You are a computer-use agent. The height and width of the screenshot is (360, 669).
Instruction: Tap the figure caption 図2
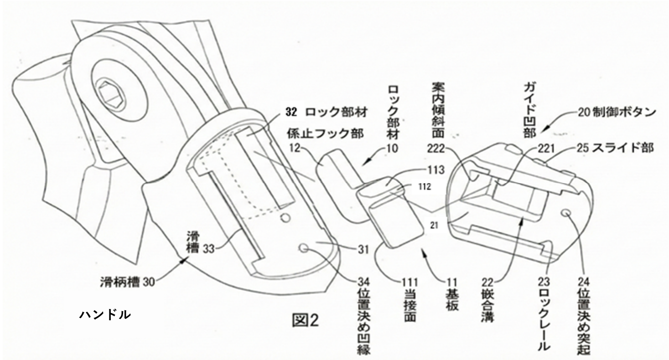pyautogui.click(x=305, y=321)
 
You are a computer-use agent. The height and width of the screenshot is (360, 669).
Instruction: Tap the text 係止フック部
pyautogui.click(x=324, y=134)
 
